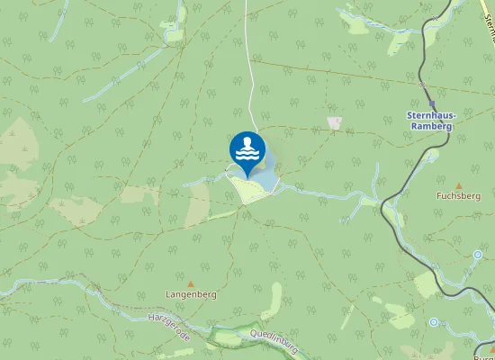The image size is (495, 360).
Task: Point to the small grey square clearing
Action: click(335, 122)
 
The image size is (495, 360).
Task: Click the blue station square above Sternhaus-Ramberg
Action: click(433, 104)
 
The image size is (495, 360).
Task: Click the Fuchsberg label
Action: click(454, 194)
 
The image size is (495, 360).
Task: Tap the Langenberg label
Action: click(191, 294)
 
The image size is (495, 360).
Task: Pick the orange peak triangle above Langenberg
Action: click(190, 283)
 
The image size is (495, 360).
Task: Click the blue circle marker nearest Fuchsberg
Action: click(478, 255)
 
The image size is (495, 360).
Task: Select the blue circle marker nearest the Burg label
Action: click(433, 321)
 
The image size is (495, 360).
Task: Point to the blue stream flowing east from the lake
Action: click(324, 191)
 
